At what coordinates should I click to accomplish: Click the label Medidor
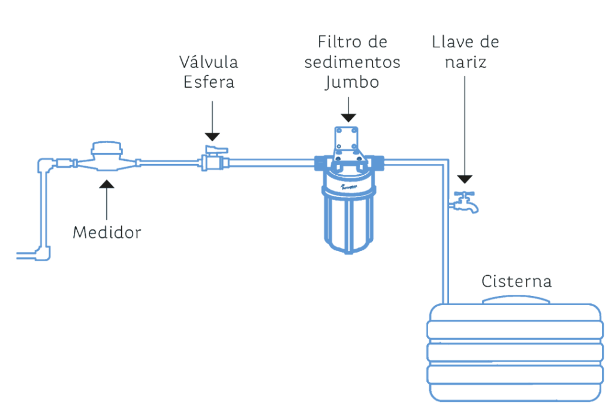tap(107, 232)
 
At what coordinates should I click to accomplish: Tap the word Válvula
tap(209, 62)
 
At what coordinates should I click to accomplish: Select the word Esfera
tap(209, 82)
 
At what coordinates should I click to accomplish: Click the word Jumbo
tap(352, 82)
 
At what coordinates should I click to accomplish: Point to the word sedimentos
tap(352, 62)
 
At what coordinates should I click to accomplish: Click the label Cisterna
tap(517, 281)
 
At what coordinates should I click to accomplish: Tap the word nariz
tap(465, 62)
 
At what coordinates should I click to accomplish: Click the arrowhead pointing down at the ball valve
tap(212, 137)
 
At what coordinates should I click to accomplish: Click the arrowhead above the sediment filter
tap(348, 118)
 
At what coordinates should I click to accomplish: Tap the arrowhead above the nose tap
tap(465, 178)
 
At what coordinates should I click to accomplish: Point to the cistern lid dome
tap(517, 298)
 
